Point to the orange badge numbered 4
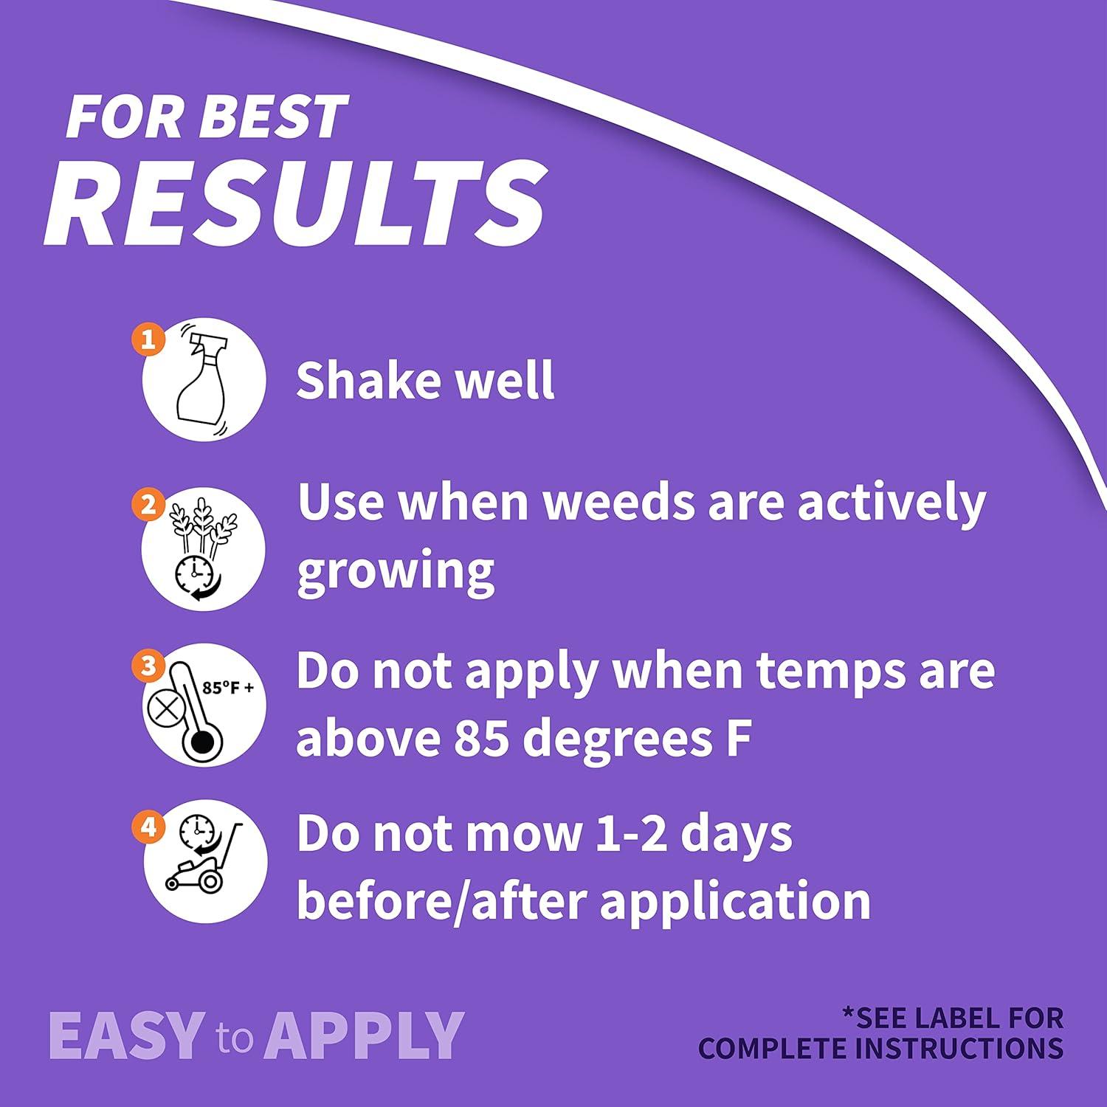pyautogui.click(x=149, y=827)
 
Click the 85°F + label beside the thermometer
pyautogui.click(x=228, y=689)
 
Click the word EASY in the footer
pyautogui.click(x=125, y=1035)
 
